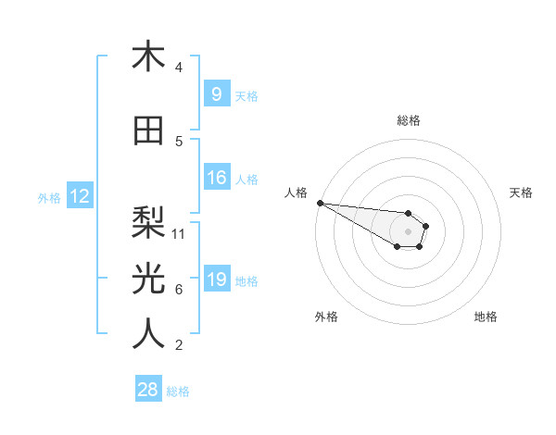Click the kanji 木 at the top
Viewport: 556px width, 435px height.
pos(148,57)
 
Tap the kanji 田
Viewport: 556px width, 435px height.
pos(148,131)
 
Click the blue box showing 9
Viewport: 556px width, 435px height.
pos(216,94)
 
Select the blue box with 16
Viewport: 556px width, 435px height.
pos(216,178)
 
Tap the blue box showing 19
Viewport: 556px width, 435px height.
pos(216,280)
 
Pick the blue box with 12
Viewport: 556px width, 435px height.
pos(79,196)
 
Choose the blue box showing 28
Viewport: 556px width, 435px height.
pos(148,390)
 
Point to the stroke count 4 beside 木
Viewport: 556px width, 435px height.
pos(179,68)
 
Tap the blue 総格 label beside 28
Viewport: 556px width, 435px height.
pos(178,391)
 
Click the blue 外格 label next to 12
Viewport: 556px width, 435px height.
pos(49,197)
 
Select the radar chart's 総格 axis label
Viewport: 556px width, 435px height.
pos(408,120)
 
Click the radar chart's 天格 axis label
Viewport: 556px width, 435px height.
pos(522,193)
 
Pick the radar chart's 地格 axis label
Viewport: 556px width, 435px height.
pos(486,317)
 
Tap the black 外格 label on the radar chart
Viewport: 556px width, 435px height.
pos(326,317)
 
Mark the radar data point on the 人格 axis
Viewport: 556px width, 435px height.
pos(319,203)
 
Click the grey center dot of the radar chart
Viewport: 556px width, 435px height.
pos(408,231)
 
